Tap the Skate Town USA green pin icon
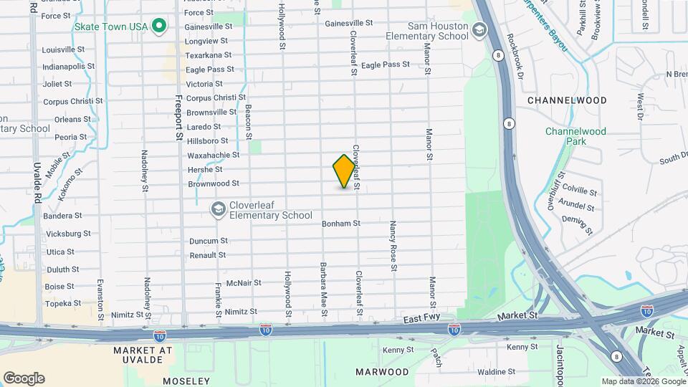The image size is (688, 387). (160, 27)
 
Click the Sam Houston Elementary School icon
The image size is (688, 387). (479, 30)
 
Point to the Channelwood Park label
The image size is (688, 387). (575, 136)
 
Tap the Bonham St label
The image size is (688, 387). (340, 224)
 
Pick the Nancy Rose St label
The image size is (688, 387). (393, 246)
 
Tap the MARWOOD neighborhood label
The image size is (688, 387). (382, 372)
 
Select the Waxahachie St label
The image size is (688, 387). (213, 156)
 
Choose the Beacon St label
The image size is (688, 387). (248, 122)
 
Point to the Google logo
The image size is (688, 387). (24, 378)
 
